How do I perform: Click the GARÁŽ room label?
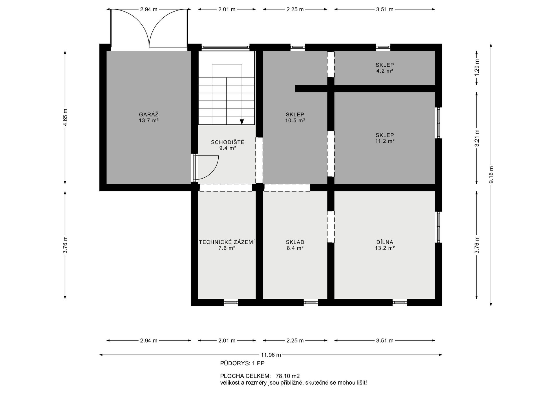click(x=149, y=114)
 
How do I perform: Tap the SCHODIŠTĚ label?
click(x=228, y=142)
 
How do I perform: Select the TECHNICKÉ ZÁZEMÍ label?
click(x=227, y=242)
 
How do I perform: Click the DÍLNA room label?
click(x=385, y=242)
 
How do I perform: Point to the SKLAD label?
click(x=295, y=242)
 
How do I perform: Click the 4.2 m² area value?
click(x=385, y=71)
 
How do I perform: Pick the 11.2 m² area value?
click(x=385, y=141)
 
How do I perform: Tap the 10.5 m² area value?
click(x=295, y=120)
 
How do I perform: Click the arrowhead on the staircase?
click(x=242, y=122)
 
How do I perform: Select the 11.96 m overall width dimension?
click(x=271, y=355)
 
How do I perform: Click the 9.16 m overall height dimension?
click(x=491, y=175)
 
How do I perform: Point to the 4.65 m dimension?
click(x=65, y=117)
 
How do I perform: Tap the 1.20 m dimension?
click(x=477, y=68)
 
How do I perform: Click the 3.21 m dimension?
click(x=477, y=138)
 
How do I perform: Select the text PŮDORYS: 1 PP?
click(x=242, y=363)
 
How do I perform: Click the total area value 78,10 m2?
click(x=288, y=376)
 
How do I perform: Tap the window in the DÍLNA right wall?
click(x=438, y=227)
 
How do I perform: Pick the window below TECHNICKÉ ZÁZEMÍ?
click(x=231, y=302)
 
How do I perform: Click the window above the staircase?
click(x=225, y=47)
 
